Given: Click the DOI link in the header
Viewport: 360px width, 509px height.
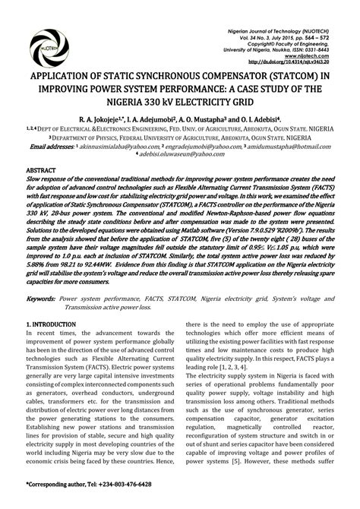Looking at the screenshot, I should click(295, 63).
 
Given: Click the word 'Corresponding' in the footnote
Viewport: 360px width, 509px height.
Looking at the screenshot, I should click(52, 484).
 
